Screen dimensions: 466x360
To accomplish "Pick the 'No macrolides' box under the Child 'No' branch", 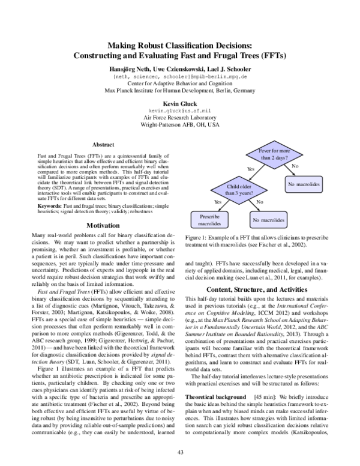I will [x=268, y=220].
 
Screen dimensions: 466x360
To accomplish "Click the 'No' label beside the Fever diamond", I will [x=295, y=165].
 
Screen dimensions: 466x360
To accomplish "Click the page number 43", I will [x=179, y=452].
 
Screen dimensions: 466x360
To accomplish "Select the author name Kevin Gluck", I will [x=179, y=104].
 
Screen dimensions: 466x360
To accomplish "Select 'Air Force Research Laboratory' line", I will [x=179, y=119].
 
